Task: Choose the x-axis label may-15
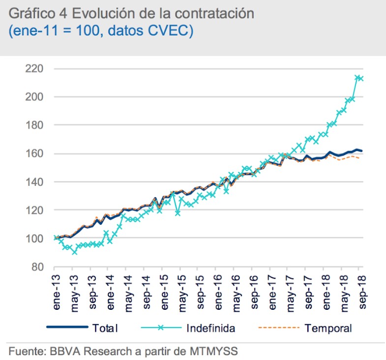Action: [x=182, y=294]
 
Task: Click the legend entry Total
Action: [x=105, y=328]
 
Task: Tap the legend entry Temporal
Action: [x=328, y=328]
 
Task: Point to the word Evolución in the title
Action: [x=104, y=14]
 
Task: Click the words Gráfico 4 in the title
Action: [x=35, y=14]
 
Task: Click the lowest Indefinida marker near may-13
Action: [x=75, y=252]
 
